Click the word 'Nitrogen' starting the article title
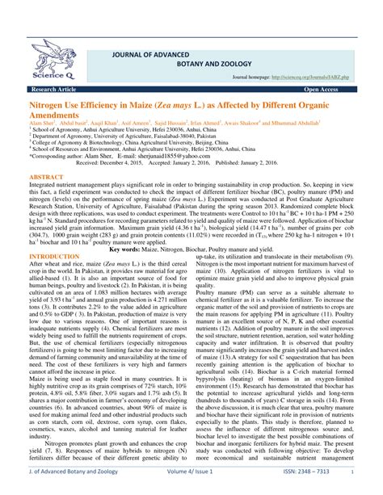pyautogui.click(x=48, y=106)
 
